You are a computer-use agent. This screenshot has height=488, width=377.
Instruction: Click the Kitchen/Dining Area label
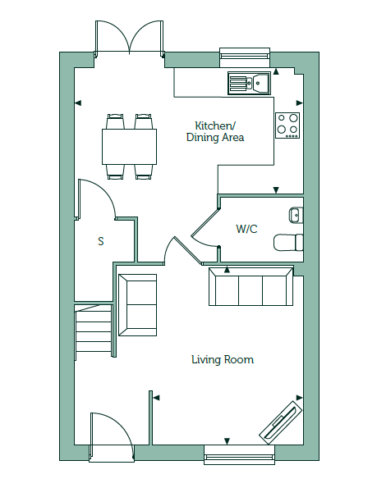coord(215,131)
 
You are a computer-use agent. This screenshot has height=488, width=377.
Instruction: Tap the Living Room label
coord(223,359)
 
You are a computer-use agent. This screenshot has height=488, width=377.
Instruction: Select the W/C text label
coord(246,229)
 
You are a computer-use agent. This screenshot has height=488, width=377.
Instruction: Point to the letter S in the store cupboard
coord(101,241)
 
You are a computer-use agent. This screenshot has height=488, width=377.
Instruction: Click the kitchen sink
coord(249,83)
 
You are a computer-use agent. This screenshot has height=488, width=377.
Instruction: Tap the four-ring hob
coord(287,125)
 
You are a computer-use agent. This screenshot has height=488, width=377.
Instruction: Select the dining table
coord(129,147)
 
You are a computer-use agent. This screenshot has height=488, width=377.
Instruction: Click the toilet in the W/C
coord(288,242)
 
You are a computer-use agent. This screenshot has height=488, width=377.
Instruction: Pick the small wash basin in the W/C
coord(296,214)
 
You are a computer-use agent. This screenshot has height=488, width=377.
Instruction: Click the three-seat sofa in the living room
coord(251,286)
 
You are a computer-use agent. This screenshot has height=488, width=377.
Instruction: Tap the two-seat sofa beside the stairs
coord(138,305)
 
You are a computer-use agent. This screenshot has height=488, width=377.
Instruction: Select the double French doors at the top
coord(129,39)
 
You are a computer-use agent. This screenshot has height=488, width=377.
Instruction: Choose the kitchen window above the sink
coord(245,57)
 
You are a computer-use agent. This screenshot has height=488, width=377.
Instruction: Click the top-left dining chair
coord(116,121)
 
